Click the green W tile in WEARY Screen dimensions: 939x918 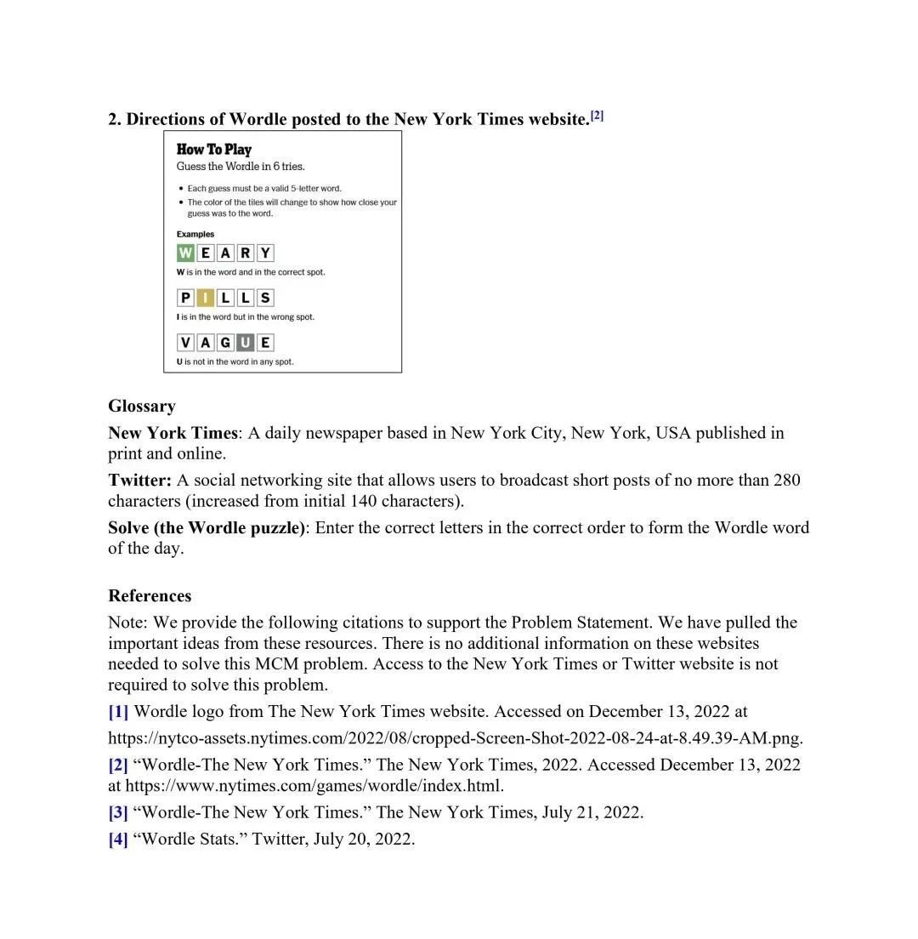pyautogui.click(x=185, y=253)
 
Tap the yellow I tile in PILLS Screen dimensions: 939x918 pyautogui.click(x=205, y=298)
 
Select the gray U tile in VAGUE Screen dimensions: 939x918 pyautogui.click(x=245, y=343)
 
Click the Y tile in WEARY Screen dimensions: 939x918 pyautogui.click(x=265, y=253)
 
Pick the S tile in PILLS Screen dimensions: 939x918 pyautogui.click(x=265, y=298)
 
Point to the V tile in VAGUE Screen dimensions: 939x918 pyautogui.click(x=185, y=343)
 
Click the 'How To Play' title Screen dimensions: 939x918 pyautogui.click(x=214, y=150)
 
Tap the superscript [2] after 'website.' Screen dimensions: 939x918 pyautogui.click(x=597, y=116)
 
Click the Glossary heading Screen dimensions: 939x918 pyautogui.click(x=142, y=406)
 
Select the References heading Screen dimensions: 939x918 pyautogui.click(x=150, y=595)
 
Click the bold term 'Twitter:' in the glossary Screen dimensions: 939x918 pyautogui.click(x=139, y=480)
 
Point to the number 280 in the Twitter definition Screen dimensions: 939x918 pyautogui.click(x=786, y=480)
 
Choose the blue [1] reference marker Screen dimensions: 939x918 pyautogui.click(x=118, y=711)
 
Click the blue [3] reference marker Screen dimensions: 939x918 pyautogui.click(x=118, y=812)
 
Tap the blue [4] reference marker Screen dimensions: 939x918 pyautogui.click(x=118, y=839)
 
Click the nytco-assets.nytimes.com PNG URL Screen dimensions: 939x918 pyautogui.click(x=455, y=737)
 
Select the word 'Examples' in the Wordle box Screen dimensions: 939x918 pyautogui.click(x=195, y=234)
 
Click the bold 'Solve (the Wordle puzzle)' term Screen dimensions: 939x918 pyautogui.click(x=207, y=527)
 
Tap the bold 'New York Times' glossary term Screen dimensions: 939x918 pyautogui.click(x=173, y=433)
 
